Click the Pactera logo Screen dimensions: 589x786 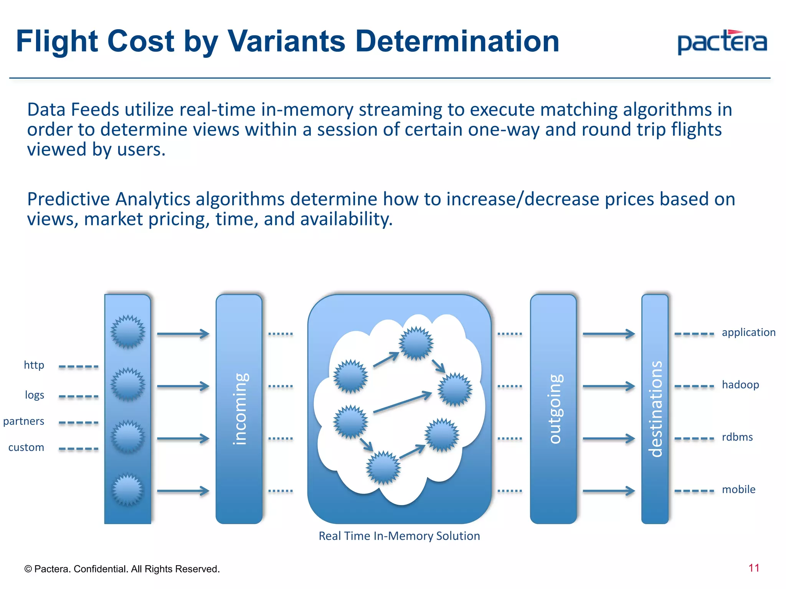coord(722,43)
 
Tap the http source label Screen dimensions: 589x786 coord(34,365)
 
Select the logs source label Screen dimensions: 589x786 coord(35,395)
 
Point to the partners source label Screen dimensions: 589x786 coord(24,421)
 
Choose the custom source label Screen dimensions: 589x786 coord(26,448)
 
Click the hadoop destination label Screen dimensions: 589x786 coord(740,385)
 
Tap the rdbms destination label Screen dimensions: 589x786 coord(737,437)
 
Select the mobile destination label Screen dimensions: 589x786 coord(738,490)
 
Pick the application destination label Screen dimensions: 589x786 coord(748,332)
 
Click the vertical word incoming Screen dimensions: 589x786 coord(240,409)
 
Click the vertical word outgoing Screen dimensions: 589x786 coord(555,409)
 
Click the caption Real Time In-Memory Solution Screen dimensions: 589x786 coord(399,536)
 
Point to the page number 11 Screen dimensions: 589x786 coord(754,568)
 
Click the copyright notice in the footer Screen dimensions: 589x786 coord(122,569)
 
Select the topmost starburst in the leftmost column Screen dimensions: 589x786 coord(128,332)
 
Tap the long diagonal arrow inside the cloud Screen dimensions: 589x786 coord(402,402)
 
